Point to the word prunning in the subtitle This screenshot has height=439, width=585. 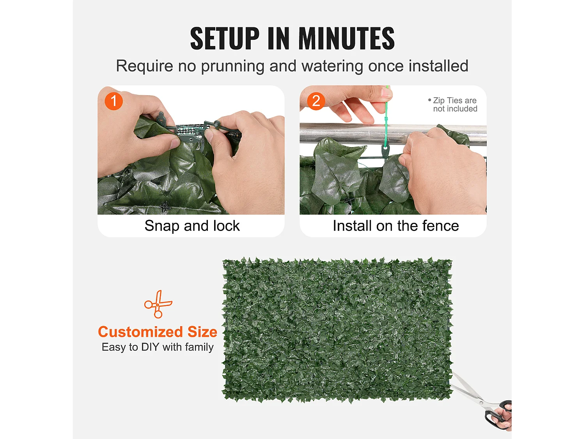tap(232, 66)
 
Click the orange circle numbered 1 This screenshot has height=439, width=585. tap(114, 101)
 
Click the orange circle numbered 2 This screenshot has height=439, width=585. tap(316, 101)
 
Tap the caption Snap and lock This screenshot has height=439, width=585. tap(192, 226)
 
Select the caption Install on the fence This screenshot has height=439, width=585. tap(396, 226)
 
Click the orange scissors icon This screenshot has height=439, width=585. tap(158, 304)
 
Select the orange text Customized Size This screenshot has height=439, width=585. tap(158, 332)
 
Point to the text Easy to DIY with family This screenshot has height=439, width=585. tap(158, 347)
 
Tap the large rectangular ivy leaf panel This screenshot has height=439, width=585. tap(337, 330)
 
